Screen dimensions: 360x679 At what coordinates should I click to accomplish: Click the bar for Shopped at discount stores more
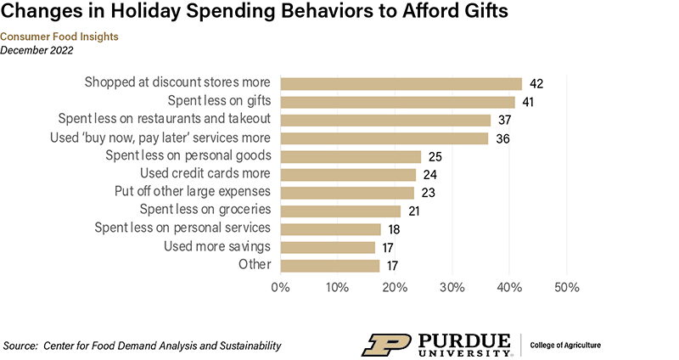(401, 83)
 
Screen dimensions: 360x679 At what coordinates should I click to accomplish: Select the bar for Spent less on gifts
(397, 102)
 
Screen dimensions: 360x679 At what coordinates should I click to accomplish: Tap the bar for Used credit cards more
(348, 174)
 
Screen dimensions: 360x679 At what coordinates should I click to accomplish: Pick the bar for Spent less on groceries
(339, 211)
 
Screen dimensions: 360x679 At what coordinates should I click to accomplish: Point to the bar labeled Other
(329, 265)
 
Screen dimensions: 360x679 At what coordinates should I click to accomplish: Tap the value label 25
(434, 156)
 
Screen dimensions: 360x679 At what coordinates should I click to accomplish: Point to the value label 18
(393, 229)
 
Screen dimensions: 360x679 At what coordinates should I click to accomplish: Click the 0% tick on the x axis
(280, 287)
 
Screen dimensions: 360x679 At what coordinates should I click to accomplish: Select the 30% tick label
(452, 287)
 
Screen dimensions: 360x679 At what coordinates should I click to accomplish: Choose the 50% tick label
(567, 287)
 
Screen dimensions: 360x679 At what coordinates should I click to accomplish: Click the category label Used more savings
(216, 246)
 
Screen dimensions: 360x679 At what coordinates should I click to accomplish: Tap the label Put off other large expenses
(192, 191)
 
